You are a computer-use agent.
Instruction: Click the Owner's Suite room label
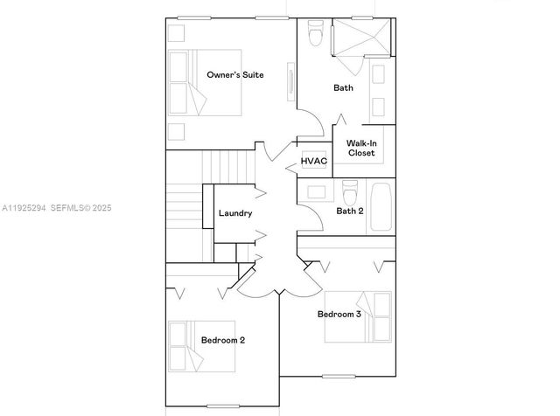pyautogui.click(x=235, y=75)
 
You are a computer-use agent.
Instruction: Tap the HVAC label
pyautogui.click(x=313, y=161)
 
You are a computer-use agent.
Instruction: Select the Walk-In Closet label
pyautogui.click(x=360, y=148)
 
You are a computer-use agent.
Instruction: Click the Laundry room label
pyautogui.click(x=235, y=213)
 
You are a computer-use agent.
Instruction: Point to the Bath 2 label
pyautogui.click(x=350, y=211)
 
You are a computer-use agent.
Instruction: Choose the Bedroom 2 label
pyautogui.click(x=223, y=340)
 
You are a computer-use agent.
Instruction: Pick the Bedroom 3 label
pyautogui.click(x=339, y=314)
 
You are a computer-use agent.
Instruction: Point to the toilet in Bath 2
pyautogui.click(x=350, y=190)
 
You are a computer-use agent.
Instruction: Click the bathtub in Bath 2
pyautogui.click(x=381, y=205)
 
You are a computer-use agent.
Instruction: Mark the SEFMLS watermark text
pyautogui.click(x=80, y=208)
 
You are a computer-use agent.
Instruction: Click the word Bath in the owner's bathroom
pyautogui.click(x=344, y=87)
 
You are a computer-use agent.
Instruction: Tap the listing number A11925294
pyautogui.click(x=24, y=208)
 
